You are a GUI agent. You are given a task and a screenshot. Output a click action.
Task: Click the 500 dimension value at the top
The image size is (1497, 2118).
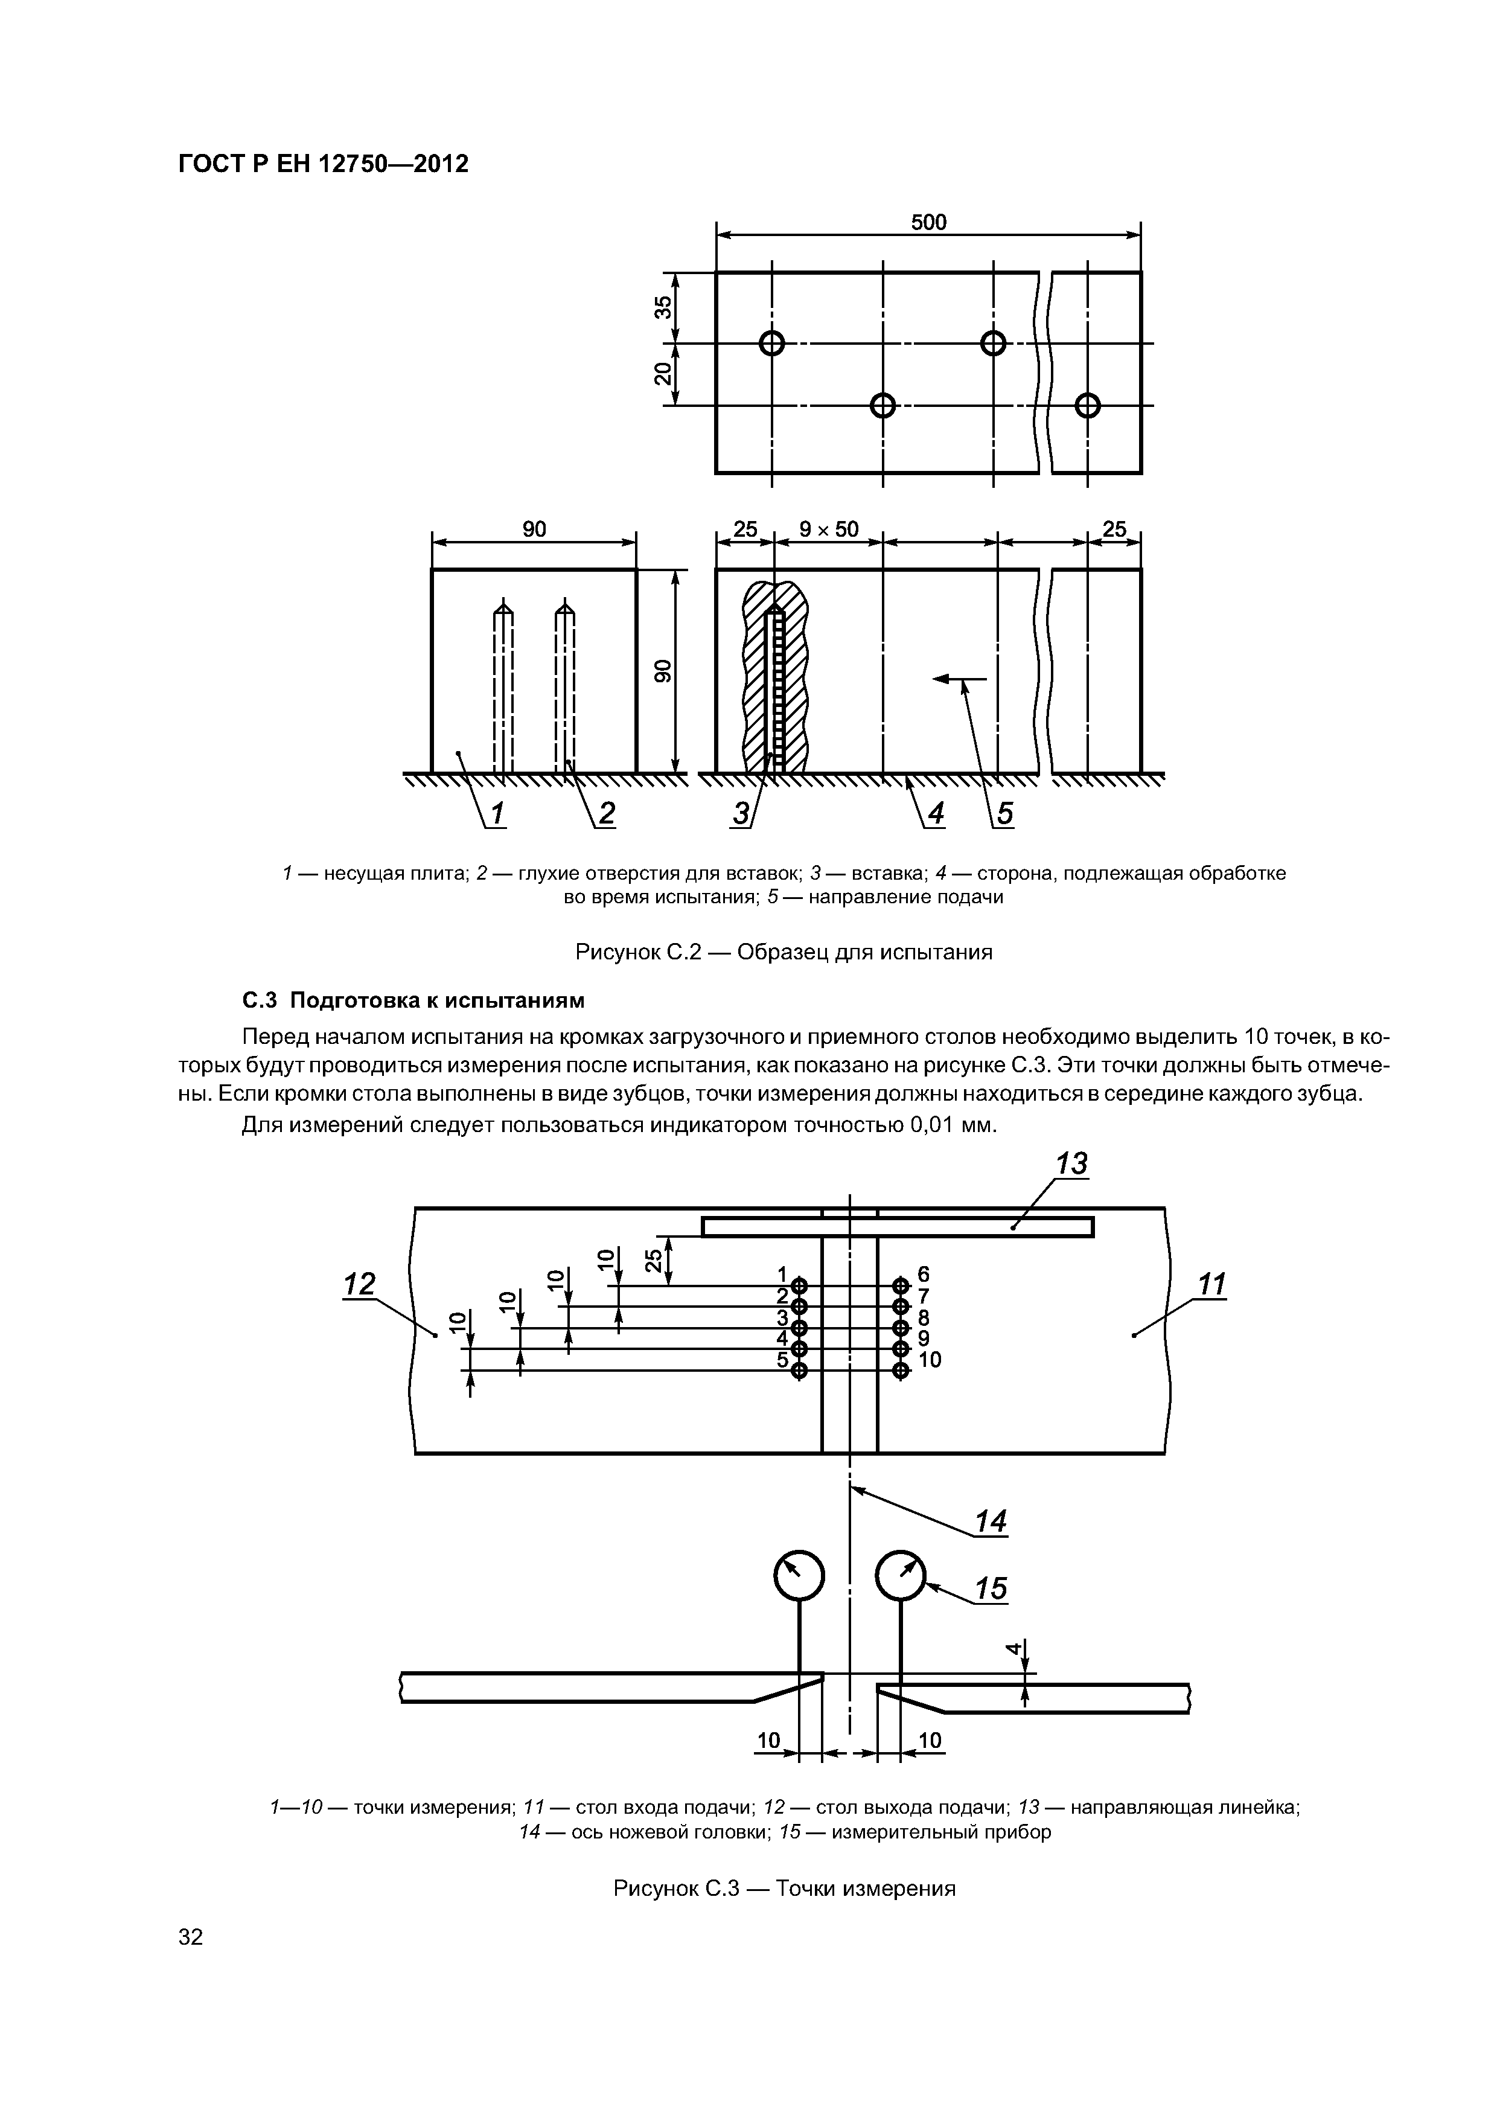coord(928,222)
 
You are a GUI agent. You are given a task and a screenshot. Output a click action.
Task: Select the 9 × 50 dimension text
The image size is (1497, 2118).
coord(828,529)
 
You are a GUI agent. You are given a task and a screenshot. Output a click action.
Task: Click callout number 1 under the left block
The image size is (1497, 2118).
coord(497,814)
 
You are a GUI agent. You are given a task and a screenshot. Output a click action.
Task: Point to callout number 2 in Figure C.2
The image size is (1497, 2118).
coord(606,814)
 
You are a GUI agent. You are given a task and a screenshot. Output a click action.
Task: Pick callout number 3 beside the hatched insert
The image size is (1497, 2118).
coord(741,814)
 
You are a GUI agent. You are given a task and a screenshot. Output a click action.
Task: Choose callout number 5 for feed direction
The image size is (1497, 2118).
coord(1004,814)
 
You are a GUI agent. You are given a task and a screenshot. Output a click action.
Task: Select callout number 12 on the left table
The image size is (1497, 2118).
coord(359,1284)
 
